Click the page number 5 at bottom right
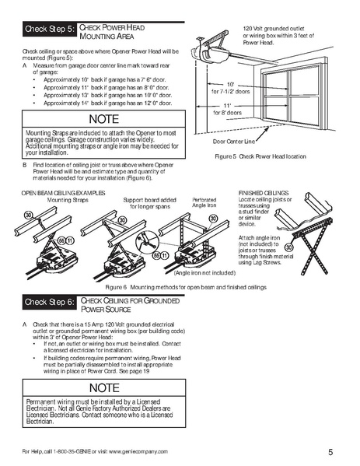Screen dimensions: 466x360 click(x=330, y=452)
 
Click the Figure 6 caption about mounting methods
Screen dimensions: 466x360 click(x=180, y=286)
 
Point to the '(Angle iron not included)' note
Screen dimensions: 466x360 click(x=202, y=273)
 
